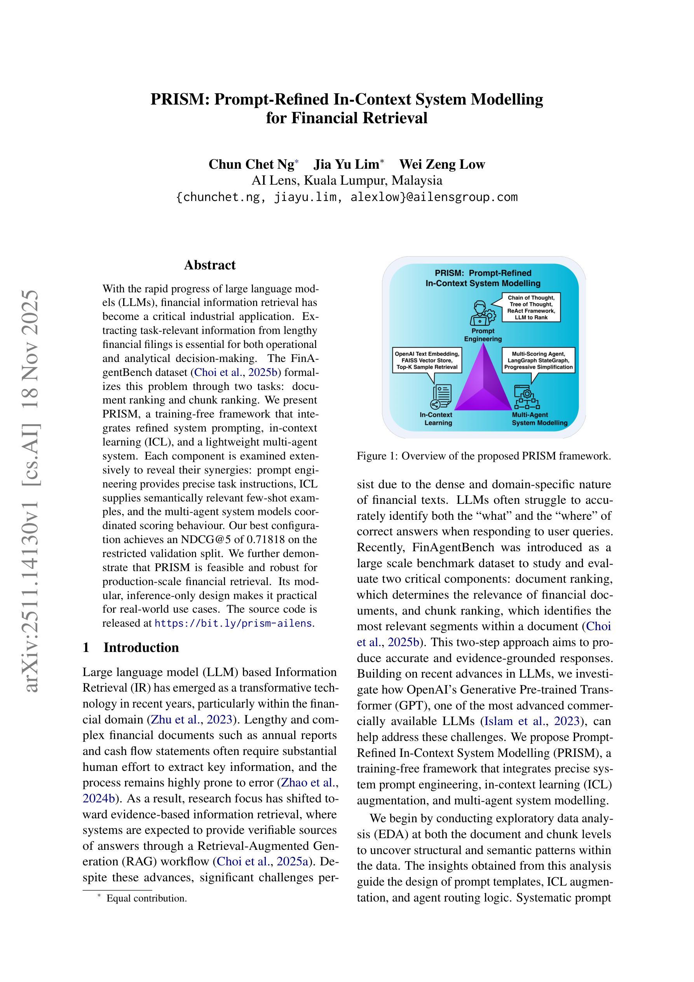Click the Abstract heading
(209, 265)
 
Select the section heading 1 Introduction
(131, 647)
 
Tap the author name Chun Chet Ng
(251, 164)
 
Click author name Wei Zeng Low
(442, 164)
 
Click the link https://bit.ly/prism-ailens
(233, 623)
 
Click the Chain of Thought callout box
(531, 308)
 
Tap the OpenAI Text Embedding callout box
(427, 360)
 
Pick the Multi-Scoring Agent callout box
(538, 360)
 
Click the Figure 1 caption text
(484, 456)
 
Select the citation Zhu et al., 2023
(191, 719)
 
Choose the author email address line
(347, 197)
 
